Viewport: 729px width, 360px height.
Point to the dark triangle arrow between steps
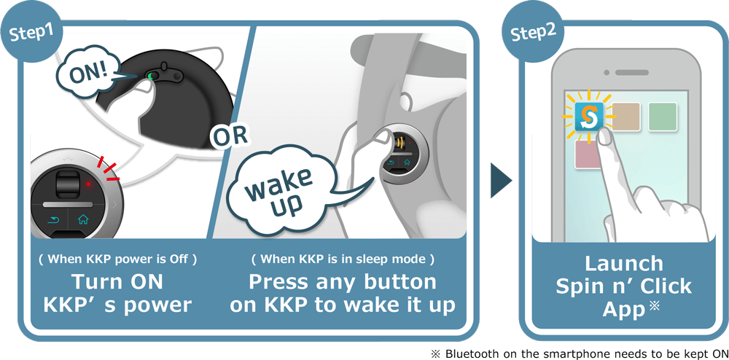(x=501, y=181)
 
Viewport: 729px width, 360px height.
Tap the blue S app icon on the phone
(x=588, y=117)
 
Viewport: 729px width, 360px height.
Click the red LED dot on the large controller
(x=88, y=184)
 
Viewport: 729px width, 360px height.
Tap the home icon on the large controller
(x=83, y=219)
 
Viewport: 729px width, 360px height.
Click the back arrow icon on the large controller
(x=52, y=219)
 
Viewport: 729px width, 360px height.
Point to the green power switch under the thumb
(x=152, y=75)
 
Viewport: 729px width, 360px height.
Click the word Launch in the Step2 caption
(x=624, y=263)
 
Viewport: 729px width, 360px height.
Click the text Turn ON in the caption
(x=117, y=281)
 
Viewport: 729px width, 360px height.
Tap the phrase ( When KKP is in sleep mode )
(x=343, y=259)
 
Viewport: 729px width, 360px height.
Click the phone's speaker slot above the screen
(x=631, y=72)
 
